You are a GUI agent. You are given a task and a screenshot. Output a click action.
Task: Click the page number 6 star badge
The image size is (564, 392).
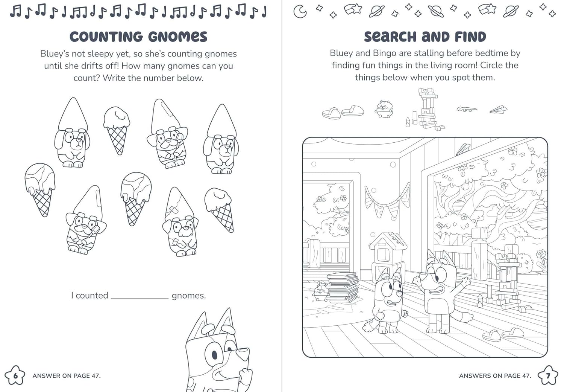15,375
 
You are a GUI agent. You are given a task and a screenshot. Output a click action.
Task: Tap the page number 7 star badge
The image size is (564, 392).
548,376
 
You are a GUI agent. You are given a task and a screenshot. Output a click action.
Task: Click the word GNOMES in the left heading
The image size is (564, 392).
177,37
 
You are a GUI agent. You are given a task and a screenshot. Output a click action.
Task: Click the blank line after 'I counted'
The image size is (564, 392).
140,299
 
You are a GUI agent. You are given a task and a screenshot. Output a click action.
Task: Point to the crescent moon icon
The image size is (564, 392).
300,12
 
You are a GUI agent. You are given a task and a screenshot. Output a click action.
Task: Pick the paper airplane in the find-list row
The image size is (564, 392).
499,110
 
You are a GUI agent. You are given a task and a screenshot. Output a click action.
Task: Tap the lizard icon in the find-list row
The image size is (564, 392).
467,109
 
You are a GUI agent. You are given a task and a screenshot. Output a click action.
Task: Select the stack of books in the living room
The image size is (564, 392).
343,287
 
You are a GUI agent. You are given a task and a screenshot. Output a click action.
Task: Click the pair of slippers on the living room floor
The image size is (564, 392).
503,334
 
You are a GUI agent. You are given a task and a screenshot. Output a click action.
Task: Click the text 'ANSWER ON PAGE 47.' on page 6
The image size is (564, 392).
67,376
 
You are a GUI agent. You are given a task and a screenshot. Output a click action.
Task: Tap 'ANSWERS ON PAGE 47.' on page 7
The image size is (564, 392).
495,376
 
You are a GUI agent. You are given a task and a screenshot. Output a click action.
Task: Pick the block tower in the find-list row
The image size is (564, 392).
426,109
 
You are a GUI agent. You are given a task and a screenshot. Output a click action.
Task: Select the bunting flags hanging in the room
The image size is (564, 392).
387,202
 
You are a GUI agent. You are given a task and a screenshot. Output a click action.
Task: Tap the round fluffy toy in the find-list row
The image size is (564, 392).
384,109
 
